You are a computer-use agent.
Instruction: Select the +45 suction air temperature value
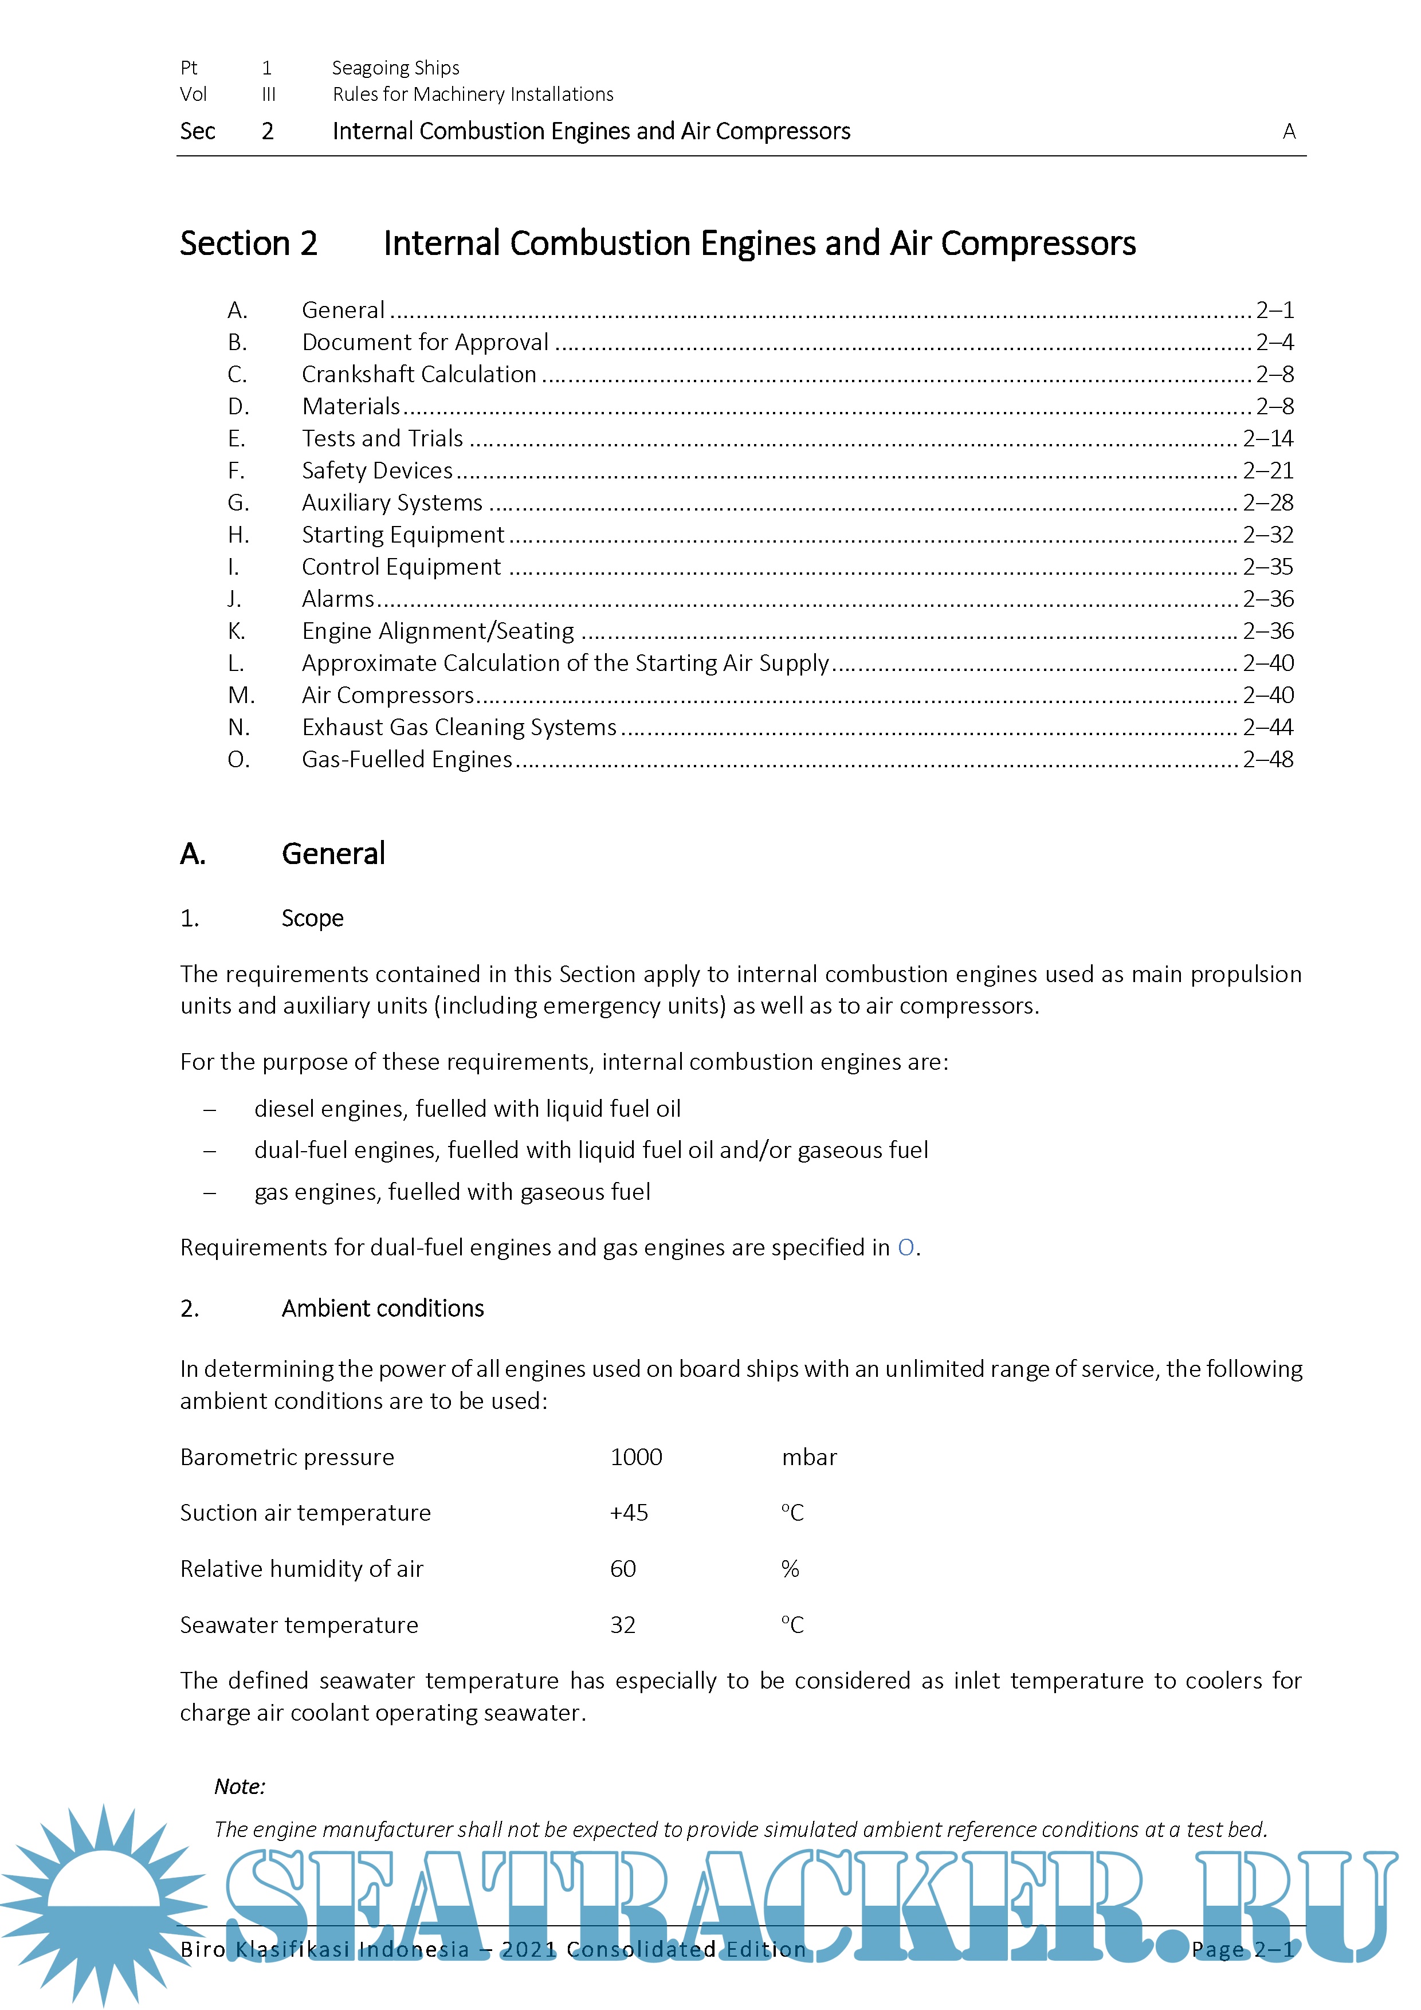(x=629, y=1514)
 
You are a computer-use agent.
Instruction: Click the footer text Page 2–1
(x=1242, y=1950)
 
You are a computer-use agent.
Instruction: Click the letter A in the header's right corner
(x=1289, y=131)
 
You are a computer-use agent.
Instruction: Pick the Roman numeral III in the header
(x=268, y=95)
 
